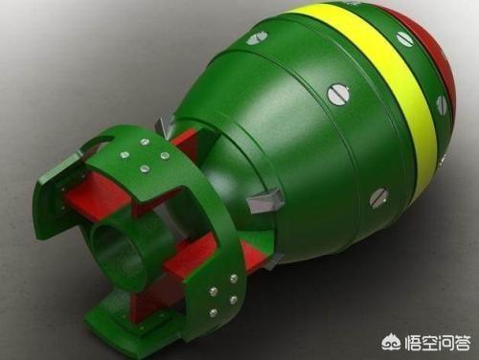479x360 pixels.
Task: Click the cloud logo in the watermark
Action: tap(392, 342)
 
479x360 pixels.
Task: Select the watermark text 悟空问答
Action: tap(438, 342)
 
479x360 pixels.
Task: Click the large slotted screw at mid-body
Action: tap(337, 95)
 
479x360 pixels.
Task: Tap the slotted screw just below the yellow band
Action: tap(379, 198)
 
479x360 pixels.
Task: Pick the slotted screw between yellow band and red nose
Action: tap(443, 103)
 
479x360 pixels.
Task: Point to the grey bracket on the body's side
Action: tap(264, 200)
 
